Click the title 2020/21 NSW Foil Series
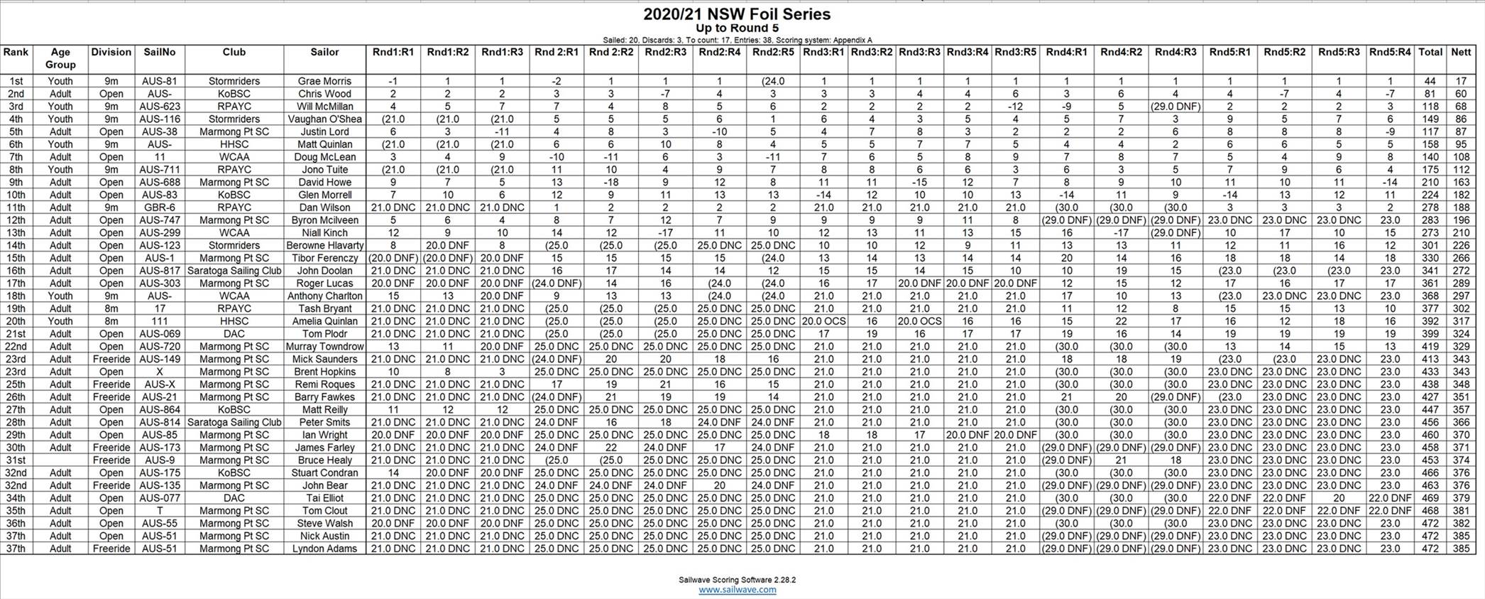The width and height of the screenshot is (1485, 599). coord(737,14)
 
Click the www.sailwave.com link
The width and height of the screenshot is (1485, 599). coord(737,590)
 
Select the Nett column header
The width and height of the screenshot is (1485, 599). coord(1461,52)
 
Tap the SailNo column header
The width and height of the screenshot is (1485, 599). coord(160,52)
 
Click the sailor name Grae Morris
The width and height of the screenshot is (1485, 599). coord(324,81)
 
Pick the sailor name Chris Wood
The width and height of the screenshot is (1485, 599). coord(324,94)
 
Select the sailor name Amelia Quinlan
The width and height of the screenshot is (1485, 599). coord(324,321)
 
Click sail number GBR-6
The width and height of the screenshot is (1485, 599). coord(160,207)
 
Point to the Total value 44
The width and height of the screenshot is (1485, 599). coord(1430,81)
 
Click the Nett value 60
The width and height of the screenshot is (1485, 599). coord(1461,94)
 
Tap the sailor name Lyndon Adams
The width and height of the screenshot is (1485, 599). coord(324,549)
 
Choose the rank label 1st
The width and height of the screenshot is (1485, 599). coord(16,81)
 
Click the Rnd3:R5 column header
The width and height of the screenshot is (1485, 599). coord(1015,52)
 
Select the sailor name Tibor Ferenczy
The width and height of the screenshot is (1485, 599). coord(324,258)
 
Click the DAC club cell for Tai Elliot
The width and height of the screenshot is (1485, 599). coord(234,498)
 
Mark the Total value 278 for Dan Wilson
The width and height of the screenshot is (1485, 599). coord(1430,207)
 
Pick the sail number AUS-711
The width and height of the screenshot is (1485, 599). coord(160,170)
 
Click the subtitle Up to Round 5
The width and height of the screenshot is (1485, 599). coord(737,28)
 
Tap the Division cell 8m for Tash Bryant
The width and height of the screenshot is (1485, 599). coord(111,308)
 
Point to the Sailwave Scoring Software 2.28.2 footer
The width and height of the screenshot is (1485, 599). coord(737,580)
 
